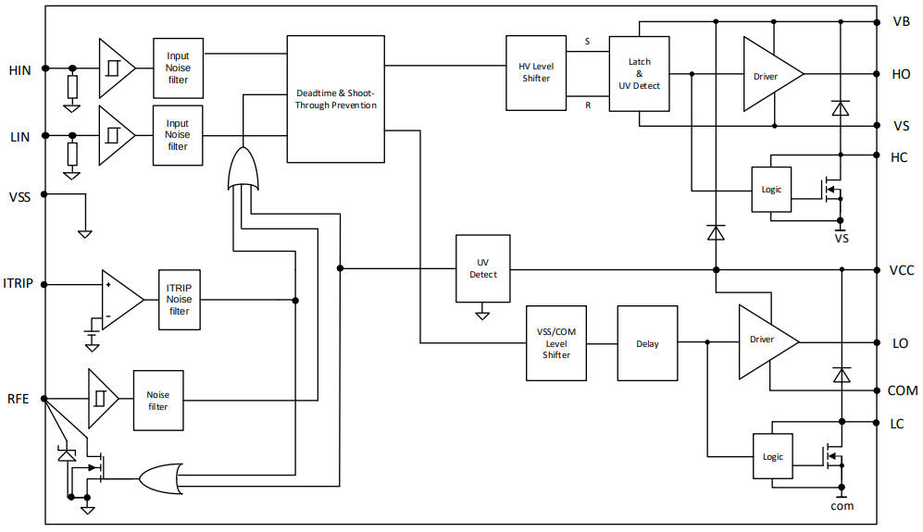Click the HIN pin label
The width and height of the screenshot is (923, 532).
pos(19,70)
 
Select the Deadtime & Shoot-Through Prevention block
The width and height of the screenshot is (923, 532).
pos(335,99)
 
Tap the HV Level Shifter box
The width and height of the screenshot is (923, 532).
pos(536,72)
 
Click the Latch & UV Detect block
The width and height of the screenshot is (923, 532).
pos(639,73)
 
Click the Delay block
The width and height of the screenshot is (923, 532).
pos(647,343)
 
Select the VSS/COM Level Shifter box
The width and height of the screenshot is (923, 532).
pos(555,343)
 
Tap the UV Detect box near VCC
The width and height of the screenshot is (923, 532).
pos(482,268)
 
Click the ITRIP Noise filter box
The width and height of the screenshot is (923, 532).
pos(179,300)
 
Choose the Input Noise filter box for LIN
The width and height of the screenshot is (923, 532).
pos(178,135)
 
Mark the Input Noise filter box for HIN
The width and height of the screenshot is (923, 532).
pos(178,68)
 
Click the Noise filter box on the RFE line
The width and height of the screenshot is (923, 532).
pos(158,400)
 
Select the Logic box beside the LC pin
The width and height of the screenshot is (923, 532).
pos(772,456)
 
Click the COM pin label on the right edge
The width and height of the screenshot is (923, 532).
pos(903,390)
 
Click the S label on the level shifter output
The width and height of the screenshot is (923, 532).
pos(587,42)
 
